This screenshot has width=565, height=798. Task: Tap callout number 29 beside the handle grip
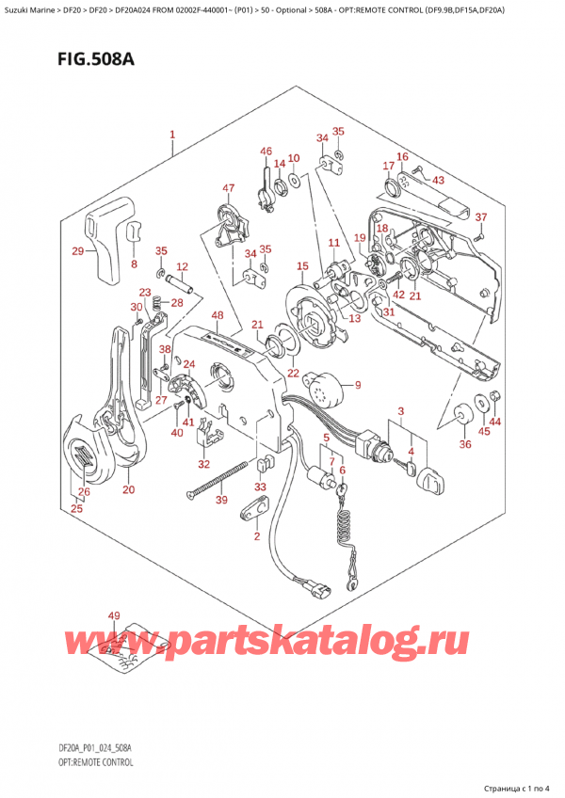point(77,250)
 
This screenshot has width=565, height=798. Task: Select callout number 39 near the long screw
point(220,501)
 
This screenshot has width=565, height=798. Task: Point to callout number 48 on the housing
point(218,315)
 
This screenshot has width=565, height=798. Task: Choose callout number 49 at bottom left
point(115,616)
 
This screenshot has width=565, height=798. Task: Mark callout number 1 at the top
point(172,135)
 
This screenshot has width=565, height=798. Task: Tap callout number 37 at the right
point(480,217)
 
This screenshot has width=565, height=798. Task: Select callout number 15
point(301,267)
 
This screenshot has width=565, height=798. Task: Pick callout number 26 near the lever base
point(84,491)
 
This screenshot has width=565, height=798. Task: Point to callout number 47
point(228,188)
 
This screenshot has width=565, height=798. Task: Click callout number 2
point(255,536)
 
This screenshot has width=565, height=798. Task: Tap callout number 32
point(203,464)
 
